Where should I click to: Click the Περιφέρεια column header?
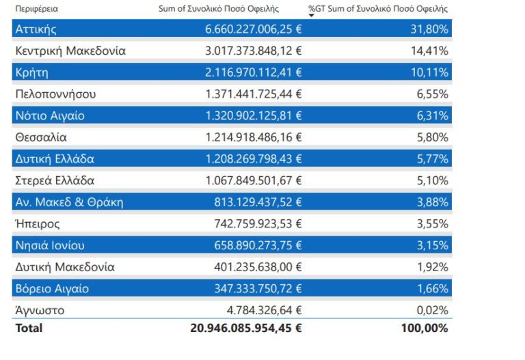point(37,9)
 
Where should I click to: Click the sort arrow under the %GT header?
point(312,16)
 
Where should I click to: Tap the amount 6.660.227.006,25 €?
point(254,29)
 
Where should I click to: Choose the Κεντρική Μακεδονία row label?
point(70,51)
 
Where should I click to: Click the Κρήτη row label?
point(31,72)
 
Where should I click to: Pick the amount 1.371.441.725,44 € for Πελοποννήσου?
point(254,94)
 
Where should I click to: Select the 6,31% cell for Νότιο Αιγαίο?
point(433,116)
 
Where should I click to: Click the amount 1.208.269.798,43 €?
point(254,159)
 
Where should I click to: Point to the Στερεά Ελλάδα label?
point(55,181)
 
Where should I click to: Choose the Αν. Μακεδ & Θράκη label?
point(69,203)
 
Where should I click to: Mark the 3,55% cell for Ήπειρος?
point(433,224)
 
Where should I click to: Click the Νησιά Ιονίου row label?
point(50,246)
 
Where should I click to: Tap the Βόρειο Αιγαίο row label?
point(52,289)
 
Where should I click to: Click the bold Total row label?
point(28,329)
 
